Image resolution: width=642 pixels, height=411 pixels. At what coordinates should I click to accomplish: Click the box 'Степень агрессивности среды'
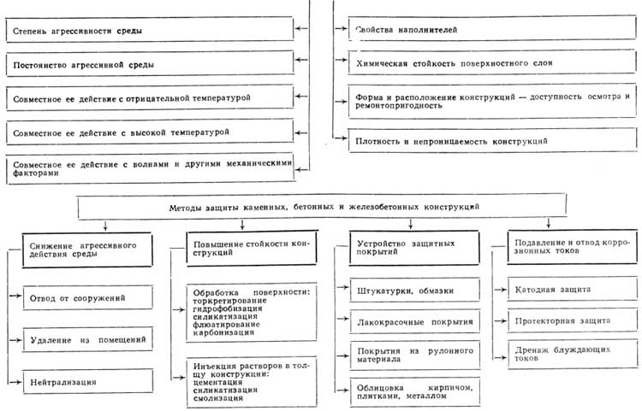[x=146, y=32]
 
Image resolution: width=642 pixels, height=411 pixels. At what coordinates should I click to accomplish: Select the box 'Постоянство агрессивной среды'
[x=146, y=65]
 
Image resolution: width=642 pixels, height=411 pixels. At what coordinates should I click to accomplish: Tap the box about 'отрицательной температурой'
[x=146, y=98]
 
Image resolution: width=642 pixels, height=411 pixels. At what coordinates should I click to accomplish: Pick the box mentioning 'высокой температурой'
[x=146, y=132]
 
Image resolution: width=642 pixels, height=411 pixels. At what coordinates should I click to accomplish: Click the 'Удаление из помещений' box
[x=86, y=339]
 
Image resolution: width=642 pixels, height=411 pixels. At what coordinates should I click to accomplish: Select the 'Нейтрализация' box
[x=86, y=381]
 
